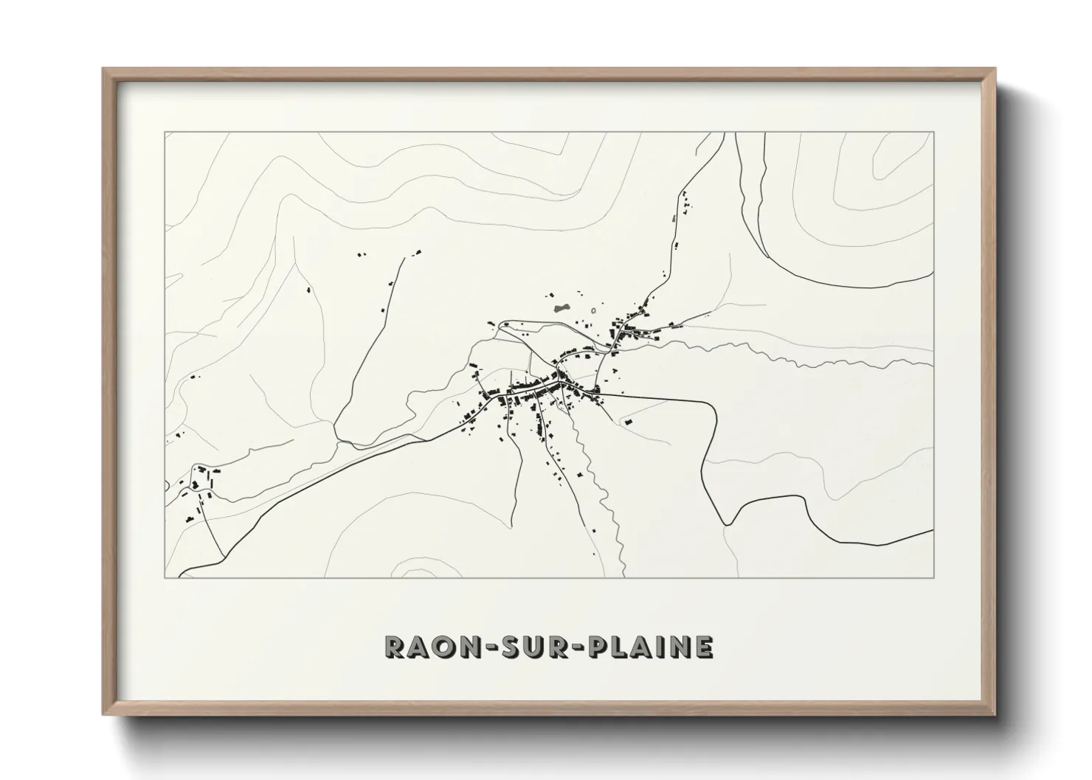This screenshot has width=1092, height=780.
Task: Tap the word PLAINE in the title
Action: pyautogui.click(x=652, y=647)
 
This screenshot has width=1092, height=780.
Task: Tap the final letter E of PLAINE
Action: pyautogui.click(x=704, y=647)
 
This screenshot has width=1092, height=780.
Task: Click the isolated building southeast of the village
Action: pyautogui.click(x=629, y=422)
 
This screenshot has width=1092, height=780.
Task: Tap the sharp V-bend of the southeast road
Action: pyautogui.click(x=727, y=524)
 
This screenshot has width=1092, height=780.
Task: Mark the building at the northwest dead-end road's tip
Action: pyautogui.click(x=418, y=253)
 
